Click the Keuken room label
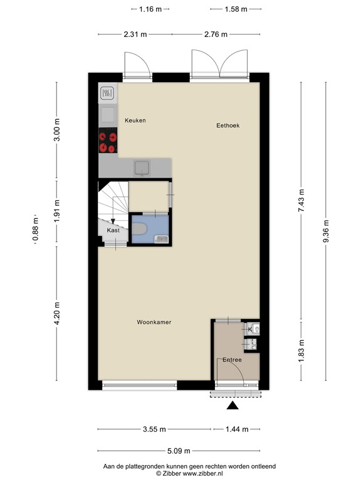coord(135,120)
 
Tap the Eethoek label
coord(228,126)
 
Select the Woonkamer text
coord(154,322)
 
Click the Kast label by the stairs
coord(113,231)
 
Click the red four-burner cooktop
coord(107,142)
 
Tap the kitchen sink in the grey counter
coord(142,167)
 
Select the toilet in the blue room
coord(141,230)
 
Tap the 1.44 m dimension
coord(236,429)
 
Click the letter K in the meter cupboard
coord(249,329)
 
